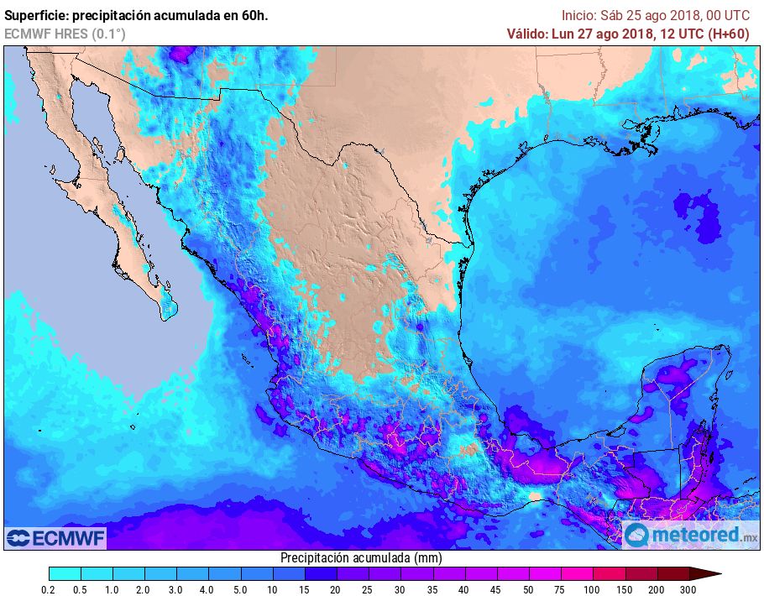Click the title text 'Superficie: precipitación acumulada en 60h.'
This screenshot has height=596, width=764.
coord(136,15)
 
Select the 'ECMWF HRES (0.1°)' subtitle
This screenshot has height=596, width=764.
coord(65,34)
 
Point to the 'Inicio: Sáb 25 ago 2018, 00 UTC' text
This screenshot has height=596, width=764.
coord(655,15)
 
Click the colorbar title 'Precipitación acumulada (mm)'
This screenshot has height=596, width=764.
coord(361,557)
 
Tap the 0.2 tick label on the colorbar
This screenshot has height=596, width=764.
coord(49,590)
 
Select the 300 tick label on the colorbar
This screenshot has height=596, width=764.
coord(689,590)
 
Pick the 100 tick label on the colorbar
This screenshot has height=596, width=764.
coord(594,590)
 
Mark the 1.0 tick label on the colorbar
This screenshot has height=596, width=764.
coord(113,590)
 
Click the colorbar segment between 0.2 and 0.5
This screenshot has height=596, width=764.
coord(65,573)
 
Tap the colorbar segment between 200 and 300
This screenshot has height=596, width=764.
coord(673,573)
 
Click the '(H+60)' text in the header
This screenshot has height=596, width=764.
coord(730,34)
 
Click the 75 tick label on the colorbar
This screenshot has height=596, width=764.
coord(561,590)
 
